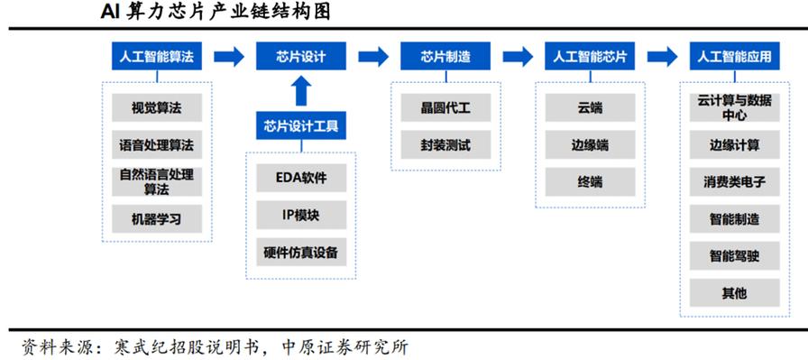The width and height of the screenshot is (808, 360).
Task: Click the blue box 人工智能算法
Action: (157, 57)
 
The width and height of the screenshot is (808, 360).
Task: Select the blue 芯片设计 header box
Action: (301, 57)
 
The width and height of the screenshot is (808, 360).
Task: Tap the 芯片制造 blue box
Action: (445, 57)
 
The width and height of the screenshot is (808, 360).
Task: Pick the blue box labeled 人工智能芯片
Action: (590, 57)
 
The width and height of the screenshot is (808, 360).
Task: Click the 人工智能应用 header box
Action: (734, 57)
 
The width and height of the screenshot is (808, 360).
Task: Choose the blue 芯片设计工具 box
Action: (301, 126)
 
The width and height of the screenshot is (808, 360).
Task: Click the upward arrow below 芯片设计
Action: (301, 91)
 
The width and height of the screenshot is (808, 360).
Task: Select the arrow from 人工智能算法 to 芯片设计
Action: (229, 57)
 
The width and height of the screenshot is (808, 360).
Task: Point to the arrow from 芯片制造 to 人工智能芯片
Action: (518, 57)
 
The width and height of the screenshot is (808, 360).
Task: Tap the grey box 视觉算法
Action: (157, 108)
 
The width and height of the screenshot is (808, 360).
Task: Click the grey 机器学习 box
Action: (157, 218)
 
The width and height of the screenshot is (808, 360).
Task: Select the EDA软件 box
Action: (301, 178)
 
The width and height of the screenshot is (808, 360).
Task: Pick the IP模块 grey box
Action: (301, 215)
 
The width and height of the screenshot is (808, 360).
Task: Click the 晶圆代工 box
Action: (445, 108)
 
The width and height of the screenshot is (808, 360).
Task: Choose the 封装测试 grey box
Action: (445, 144)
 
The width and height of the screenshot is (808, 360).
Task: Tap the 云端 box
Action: (590, 108)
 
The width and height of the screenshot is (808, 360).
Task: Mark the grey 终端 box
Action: (590, 181)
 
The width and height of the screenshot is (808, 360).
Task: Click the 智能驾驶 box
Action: (734, 255)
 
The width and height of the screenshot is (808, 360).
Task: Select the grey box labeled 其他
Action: (734, 292)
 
